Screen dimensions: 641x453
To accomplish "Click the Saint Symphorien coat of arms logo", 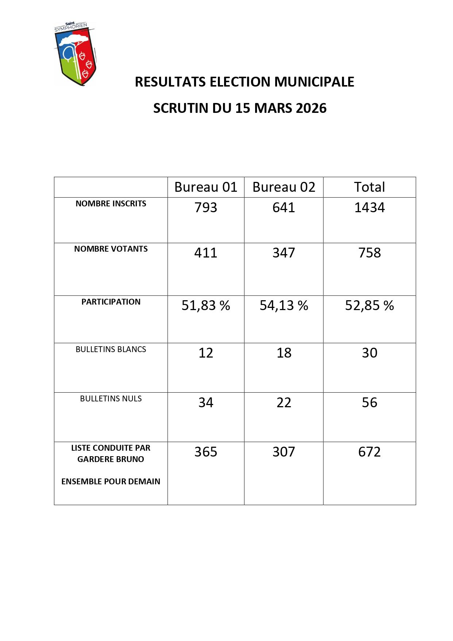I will (x=76, y=54).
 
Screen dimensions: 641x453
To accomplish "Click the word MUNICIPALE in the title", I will (x=314, y=82).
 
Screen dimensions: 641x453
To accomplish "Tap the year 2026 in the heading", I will (x=311, y=108).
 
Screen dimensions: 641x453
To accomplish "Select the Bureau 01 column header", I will (x=206, y=187).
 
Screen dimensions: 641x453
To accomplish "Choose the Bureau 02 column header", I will (x=284, y=187).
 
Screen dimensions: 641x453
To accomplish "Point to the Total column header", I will (x=369, y=187).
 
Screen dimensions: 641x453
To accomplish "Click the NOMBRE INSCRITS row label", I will (x=111, y=204).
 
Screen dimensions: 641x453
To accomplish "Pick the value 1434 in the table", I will (x=369, y=207).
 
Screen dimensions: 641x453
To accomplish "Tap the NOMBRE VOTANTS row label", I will (x=111, y=249).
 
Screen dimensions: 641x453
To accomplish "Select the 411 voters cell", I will (x=206, y=253).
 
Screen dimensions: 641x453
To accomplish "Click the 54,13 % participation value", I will (x=284, y=305).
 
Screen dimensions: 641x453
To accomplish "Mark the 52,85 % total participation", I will (x=369, y=305).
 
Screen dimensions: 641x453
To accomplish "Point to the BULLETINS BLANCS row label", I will (x=111, y=350).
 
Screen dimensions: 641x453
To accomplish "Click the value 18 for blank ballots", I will (x=284, y=353).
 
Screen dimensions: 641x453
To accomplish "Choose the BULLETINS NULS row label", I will (x=111, y=399).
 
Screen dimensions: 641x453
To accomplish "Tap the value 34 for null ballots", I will (x=206, y=402).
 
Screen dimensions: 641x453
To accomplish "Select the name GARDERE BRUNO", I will (x=111, y=459).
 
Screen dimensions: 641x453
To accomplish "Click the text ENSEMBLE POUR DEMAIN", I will (x=111, y=481).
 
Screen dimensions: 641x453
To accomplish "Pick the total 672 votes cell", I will (x=369, y=452).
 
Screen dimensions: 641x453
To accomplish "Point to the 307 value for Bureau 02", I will (x=284, y=452).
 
